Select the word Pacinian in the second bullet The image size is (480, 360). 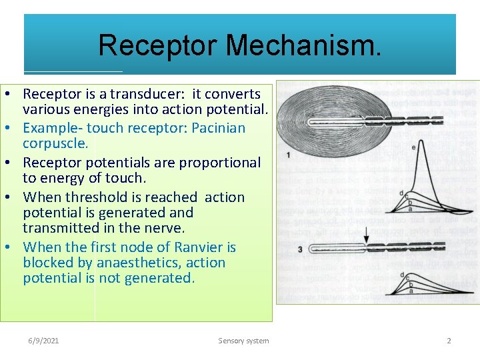click(x=218, y=128)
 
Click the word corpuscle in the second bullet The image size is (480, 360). click(x=55, y=143)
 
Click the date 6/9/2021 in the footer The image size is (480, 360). click(x=43, y=341)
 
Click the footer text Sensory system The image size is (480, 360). click(x=243, y=341)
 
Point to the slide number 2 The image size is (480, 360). click(x=449, y=341)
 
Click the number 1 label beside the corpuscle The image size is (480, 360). click(x=287, y=155)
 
